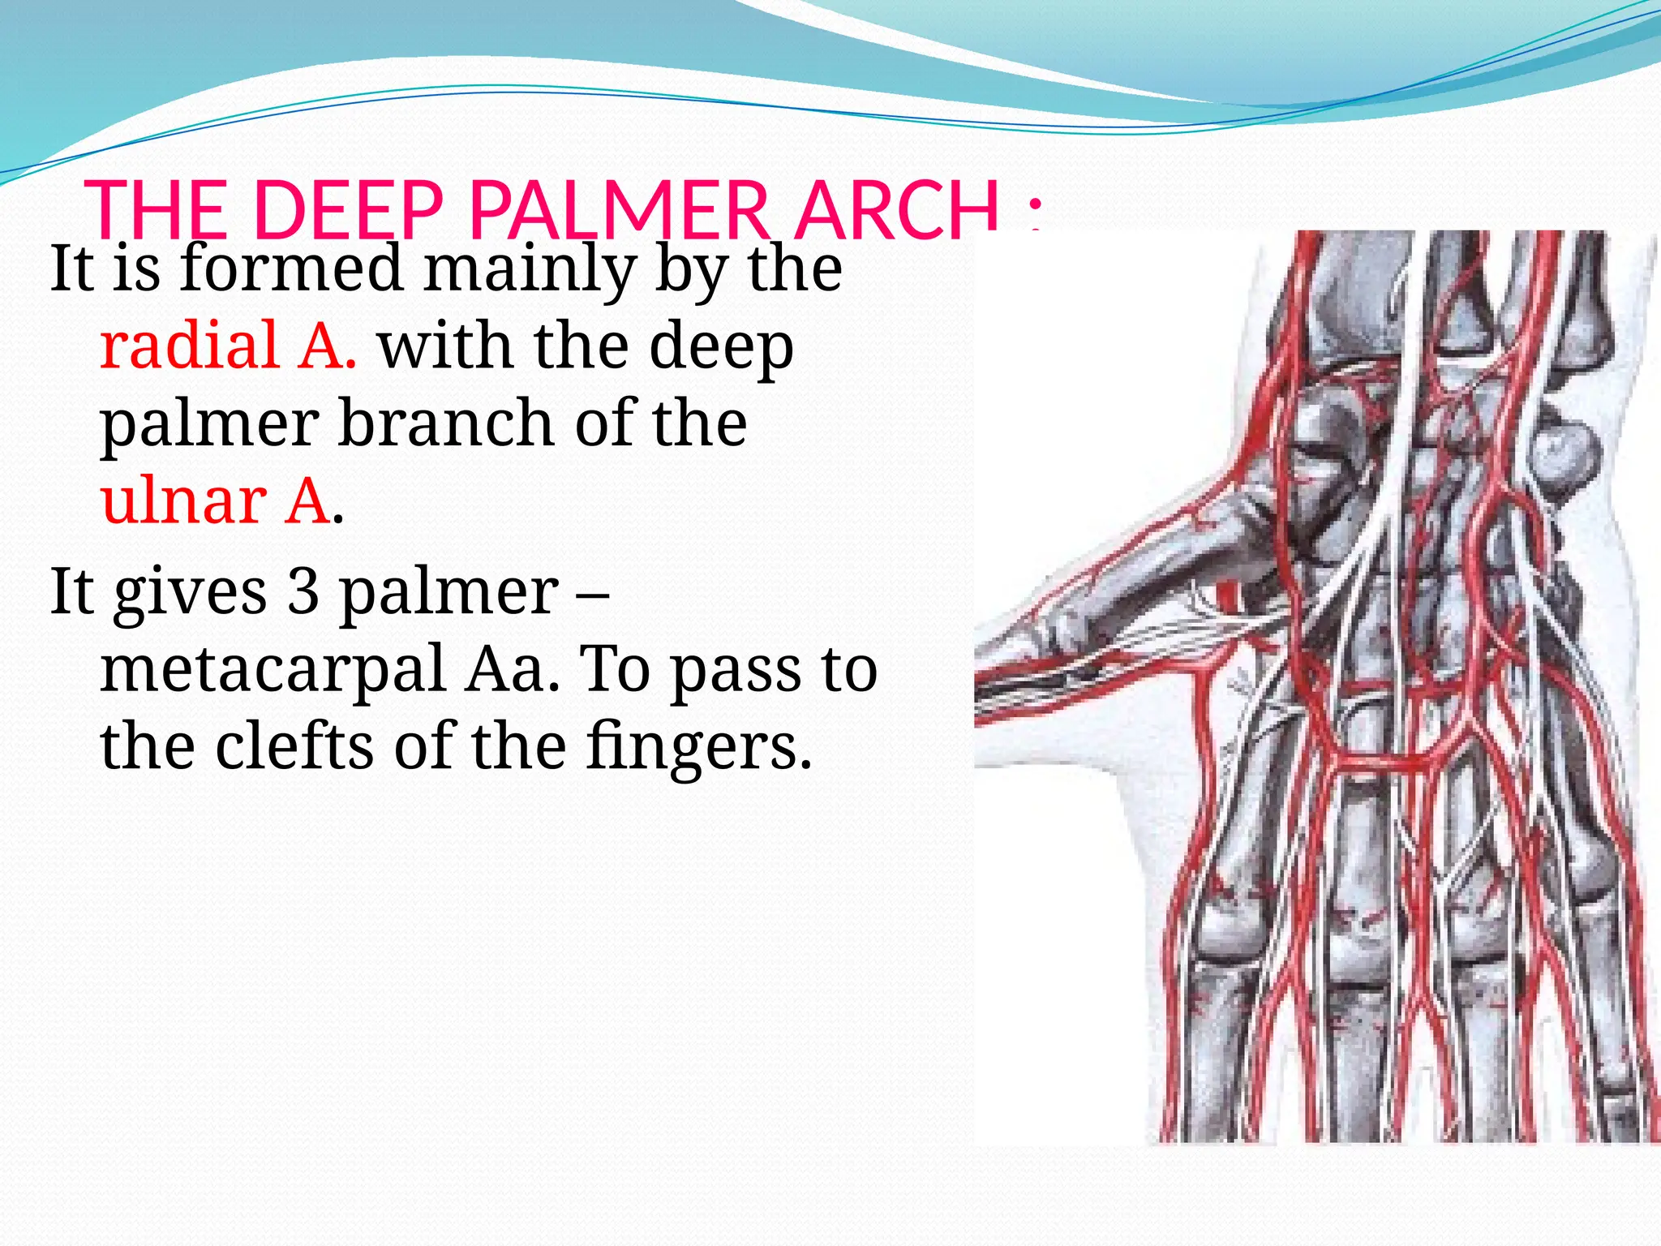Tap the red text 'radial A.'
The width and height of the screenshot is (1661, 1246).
click(228, 346)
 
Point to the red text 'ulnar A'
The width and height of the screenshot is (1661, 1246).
click(216, 501)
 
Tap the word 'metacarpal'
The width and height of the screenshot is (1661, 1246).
click(272, 668)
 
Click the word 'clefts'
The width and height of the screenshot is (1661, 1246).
click(295, 745)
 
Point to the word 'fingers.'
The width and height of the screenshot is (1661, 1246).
click(697, 745)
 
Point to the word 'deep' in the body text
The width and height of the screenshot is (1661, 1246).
click(721, 346)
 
